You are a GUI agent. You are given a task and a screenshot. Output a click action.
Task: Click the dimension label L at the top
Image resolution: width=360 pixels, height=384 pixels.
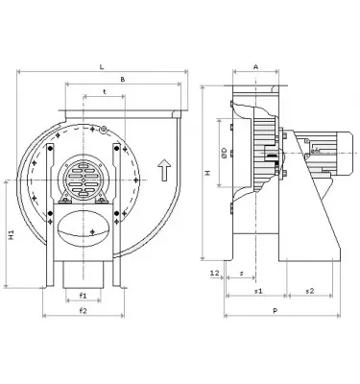(x=101, y=66)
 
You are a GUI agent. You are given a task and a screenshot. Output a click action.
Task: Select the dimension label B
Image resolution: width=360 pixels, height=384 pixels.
(x=122, y=80)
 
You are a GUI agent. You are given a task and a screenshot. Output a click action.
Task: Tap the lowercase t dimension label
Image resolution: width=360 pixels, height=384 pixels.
(x=103, y=93)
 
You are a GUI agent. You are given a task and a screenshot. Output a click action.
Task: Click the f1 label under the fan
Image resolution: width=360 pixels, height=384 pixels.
(x=84, y=296)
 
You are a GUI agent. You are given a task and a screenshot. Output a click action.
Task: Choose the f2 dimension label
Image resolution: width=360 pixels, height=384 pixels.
(x=84, y=312)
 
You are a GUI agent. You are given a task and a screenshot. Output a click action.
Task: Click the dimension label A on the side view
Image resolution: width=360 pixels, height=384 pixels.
(x=253, y=67)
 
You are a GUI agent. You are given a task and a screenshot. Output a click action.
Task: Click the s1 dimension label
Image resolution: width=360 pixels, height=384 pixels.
(x=257, y=291)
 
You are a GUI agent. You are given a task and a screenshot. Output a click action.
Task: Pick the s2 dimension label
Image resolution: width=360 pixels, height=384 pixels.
(x=309, y=291)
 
